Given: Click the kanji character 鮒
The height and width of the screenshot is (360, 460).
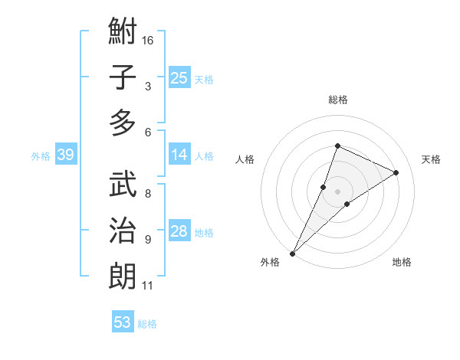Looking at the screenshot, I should pos(123,33).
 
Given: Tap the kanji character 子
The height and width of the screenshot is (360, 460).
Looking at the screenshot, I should pos(123,77).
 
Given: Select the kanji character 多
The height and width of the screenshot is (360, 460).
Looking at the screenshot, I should pos(123,123).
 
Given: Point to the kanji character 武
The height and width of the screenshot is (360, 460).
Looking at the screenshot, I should pos(123,185).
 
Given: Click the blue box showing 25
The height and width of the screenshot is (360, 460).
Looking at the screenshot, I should pos(179,77).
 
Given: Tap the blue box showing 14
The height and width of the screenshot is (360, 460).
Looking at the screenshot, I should pos(179,155).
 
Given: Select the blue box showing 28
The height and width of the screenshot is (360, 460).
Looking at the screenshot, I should pos(179,232).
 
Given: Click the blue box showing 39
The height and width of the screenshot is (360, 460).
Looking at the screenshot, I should pos(65,155).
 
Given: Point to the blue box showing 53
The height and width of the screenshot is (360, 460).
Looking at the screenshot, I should pos(122,322).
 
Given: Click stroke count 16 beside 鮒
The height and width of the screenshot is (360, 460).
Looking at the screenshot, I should pos(148,40).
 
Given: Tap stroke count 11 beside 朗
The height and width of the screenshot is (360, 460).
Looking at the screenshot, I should pos(148,286).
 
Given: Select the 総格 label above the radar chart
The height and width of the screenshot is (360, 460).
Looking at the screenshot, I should pos(337,100).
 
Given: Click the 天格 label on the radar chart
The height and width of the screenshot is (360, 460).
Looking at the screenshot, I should pos(431,159).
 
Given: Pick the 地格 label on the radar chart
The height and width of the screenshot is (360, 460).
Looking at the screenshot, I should pos(402,262).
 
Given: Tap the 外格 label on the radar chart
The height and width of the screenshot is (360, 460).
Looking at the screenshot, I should pos(270,262).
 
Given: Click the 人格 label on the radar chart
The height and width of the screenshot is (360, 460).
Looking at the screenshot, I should pos(245,159).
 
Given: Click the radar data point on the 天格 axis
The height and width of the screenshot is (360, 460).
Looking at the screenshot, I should pos(396,172).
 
